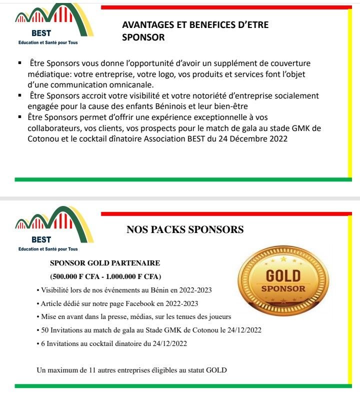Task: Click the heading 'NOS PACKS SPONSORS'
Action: pyautogui.click(x=185, y=230)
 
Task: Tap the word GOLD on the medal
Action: pyautogui.click(x=283, y=276)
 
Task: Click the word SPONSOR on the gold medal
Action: pyautogui.click(x=283, y=288)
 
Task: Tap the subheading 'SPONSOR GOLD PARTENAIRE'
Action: pyautogui.click(x=105, y=263)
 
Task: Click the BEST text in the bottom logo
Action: pyautogui.click(x=41, y=240)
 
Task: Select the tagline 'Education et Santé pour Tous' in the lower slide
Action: pyautogui.click(x=48, y=249)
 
